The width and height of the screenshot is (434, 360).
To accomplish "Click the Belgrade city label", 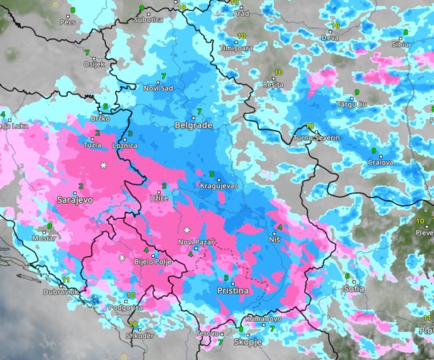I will tap(194, 125).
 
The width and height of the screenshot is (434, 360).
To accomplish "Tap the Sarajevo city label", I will tap(75, 199).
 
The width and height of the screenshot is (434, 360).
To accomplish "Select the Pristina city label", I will tap(233, 291).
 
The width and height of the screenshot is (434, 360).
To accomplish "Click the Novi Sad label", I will tap(158, 88).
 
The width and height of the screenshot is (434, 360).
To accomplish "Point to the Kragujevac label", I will tap(218, 186).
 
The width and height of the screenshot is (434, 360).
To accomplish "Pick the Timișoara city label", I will tap(236, 48).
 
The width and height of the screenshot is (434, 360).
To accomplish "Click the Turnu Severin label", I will tap(317, 138).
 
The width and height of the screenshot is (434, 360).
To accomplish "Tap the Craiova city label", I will tap(381, 162).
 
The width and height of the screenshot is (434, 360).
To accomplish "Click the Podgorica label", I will tap(125, 307).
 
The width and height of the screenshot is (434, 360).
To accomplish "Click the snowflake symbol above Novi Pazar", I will tap(187, 230).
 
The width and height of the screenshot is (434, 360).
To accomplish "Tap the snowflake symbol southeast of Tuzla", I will tap(103, 165).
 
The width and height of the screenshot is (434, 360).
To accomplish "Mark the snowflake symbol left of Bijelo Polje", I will tap(122, 258).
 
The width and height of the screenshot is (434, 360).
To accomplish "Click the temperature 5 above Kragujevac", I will tap(212, 174).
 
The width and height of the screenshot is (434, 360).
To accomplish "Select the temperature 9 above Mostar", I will tap(49, 226).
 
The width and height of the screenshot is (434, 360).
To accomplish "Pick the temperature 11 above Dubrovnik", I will tap(66, 279).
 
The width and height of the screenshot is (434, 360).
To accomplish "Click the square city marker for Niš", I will tap(275, 234).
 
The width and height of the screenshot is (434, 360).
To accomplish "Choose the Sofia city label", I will tap(355, 289).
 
